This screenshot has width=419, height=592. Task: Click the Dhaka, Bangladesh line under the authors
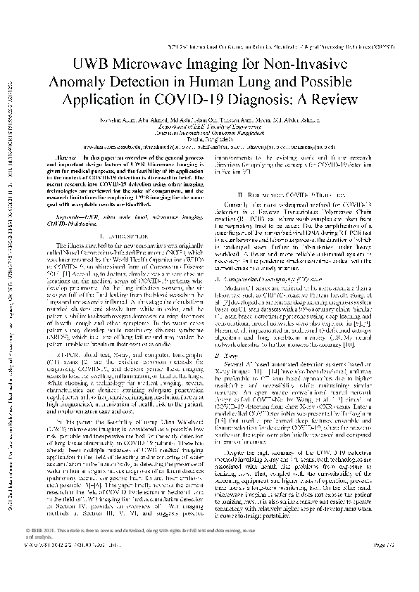coord(209,139)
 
